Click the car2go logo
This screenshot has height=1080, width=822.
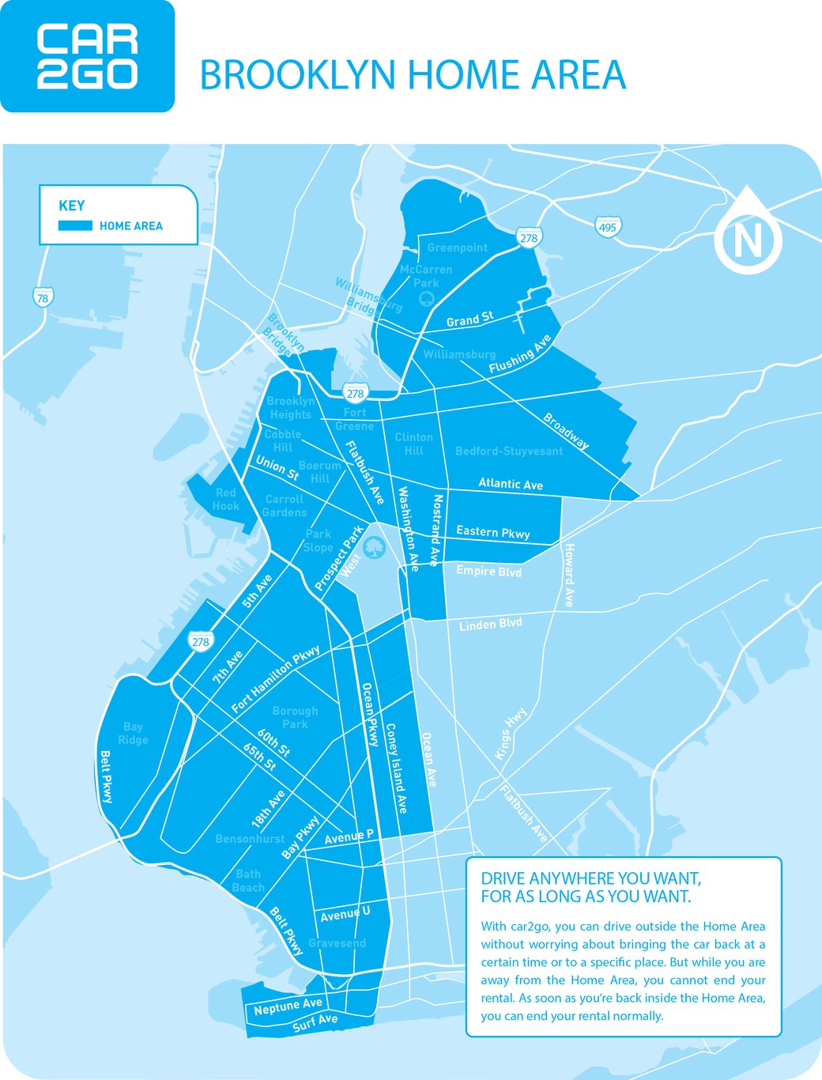click(87, 56)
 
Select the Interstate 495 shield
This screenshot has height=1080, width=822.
click(607, 228)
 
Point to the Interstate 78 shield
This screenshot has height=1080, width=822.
click(43, 297)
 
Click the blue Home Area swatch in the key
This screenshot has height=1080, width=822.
click(75, 226)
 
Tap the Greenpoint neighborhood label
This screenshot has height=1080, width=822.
click(457, 247)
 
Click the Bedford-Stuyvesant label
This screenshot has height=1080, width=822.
click(509, 451)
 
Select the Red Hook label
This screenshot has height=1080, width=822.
click(225, 499)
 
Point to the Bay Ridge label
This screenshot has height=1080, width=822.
click(133, 733)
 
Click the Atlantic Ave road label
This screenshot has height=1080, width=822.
click(511, 484)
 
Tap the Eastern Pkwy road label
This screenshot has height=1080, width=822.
click(492, 532)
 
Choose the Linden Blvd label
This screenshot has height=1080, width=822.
click(490, 625)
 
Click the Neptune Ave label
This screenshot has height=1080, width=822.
click(288, 1006)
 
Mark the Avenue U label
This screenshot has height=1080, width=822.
click(345, 914)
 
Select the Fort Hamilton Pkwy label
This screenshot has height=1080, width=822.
click(276, 678)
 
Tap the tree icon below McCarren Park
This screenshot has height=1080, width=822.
click(426, 298)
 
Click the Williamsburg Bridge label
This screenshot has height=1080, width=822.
click(368, 296)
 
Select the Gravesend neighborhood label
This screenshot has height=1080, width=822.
click(337, 943)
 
